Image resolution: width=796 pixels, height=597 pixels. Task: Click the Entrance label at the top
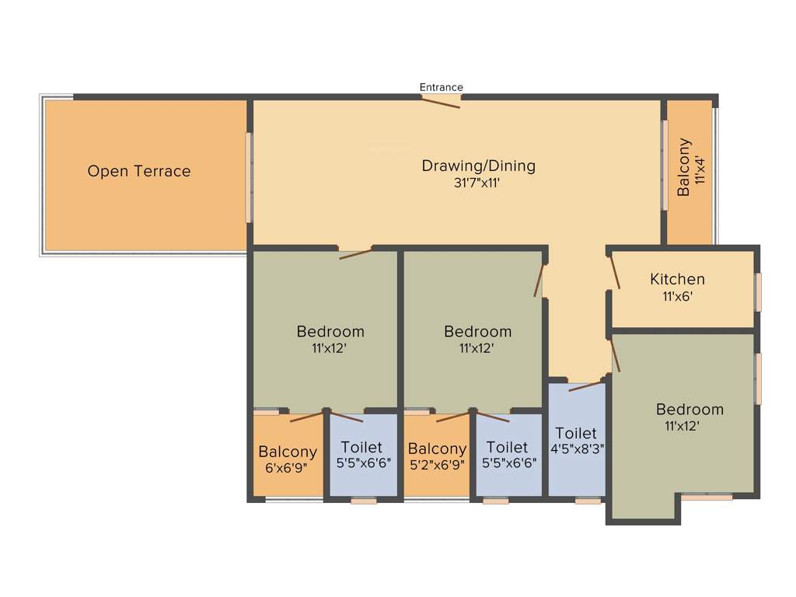tap(442, 87)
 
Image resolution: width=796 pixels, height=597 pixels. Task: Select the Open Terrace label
tap(139, 171)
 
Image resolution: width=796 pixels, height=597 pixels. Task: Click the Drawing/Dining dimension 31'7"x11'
tap(479, 184)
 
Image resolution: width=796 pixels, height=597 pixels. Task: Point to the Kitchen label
tap(678, 279)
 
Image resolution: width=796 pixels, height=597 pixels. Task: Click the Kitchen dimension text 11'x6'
tap(678, 296)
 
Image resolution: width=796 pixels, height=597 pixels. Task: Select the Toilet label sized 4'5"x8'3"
tap(576, 433)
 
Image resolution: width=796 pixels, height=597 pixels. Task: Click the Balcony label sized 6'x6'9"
tap(288, 452)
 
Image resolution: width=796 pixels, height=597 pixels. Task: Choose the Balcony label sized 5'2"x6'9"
tap(437, 449)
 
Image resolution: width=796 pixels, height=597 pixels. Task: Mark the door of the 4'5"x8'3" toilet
tap(586, 386)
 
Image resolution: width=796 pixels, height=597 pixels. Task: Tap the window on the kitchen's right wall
tap(758, 292)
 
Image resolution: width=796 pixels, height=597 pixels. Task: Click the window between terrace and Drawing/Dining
tap(250, 177)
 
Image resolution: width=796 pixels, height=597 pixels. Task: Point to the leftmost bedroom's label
tap(330, 332)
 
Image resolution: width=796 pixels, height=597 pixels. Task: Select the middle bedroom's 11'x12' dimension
tap(478, 349)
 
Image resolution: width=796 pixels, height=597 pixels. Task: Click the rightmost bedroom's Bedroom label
tap(690, 410)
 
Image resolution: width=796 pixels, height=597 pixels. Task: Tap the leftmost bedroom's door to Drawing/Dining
tap(356, 253)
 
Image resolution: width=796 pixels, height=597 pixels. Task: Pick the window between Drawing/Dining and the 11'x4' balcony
tap(665, 165)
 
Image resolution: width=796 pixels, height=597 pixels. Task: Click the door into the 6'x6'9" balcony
tap(306, 417)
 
